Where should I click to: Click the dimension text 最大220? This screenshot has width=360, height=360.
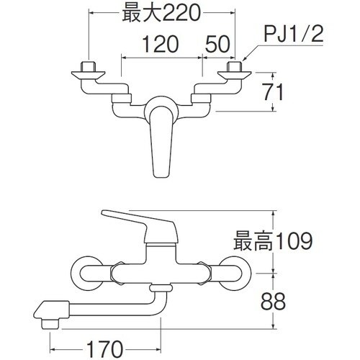(x=160, y=12)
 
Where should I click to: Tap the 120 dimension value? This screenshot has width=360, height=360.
(x=160, y=45)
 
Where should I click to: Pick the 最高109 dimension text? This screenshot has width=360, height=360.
(x=272, y=239)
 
